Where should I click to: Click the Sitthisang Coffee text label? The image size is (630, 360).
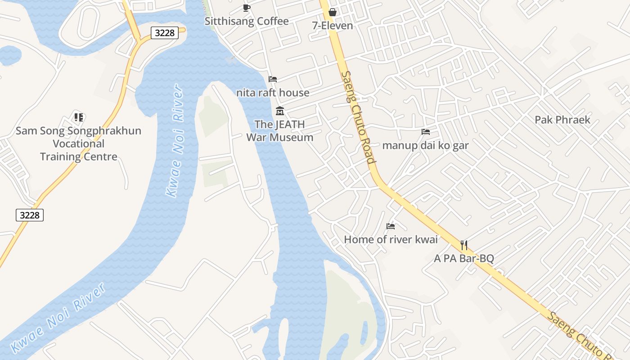point(247,21)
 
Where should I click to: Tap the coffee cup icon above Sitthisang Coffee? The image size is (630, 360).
point(246,7)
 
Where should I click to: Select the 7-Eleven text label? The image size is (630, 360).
point(333,26)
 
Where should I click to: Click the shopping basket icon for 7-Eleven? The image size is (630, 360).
point(333,12)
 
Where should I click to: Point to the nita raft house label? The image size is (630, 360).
point(273,93)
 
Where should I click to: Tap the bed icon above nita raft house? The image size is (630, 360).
point(273,79)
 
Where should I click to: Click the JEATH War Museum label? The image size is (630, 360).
point(279,131)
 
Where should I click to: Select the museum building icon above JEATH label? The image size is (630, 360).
point(280,111)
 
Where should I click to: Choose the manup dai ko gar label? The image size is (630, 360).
point(425,145)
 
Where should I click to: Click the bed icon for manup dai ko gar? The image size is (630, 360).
point(426,132)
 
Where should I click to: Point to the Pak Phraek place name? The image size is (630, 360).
point(562,120)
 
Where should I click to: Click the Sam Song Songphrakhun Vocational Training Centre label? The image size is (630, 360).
point(79,144)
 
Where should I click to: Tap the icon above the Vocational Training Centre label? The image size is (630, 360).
point(79,117)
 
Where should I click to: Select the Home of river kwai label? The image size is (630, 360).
point(391,239)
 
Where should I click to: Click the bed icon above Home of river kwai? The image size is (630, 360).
point(391,226)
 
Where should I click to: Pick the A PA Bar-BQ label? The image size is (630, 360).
point(464,258)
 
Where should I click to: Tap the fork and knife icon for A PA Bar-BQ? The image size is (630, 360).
point(464,245)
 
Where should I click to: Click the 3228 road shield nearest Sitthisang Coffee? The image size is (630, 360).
point(165,33)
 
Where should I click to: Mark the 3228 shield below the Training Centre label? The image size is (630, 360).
point(30,215)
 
